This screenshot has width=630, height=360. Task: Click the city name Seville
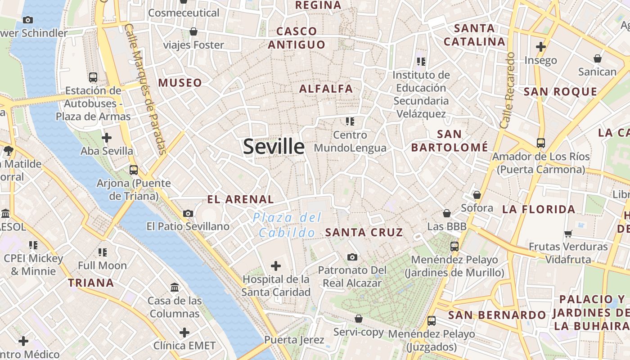pos(274,147)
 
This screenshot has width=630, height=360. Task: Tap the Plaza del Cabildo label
pos(287,225)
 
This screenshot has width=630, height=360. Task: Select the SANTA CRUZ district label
pos(364,232)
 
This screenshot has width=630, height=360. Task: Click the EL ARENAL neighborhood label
pos(240,199)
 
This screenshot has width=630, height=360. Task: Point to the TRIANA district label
pos(91,283)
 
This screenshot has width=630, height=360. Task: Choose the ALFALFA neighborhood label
pos(326,89)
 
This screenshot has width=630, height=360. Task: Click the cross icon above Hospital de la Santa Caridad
pos(276,266)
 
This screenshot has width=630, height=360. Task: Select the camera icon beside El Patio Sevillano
pos(188,213)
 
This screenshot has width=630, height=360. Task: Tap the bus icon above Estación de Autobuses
pos(93,77)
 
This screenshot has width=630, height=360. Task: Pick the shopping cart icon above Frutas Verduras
pos(568,234)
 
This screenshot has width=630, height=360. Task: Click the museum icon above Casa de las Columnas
pos(174,287)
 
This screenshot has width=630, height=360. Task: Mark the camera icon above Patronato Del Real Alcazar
pos(352,257)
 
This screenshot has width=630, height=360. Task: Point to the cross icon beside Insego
pos(540,47)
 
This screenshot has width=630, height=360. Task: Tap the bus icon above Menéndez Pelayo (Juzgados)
pos(432,321)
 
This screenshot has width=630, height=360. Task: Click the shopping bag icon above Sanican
pos(597,58)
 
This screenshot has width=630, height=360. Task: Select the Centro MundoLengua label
pos(350,141)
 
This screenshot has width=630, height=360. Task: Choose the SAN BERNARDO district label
pos(497,315)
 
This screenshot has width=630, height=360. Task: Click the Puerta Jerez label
pos(294,339)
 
